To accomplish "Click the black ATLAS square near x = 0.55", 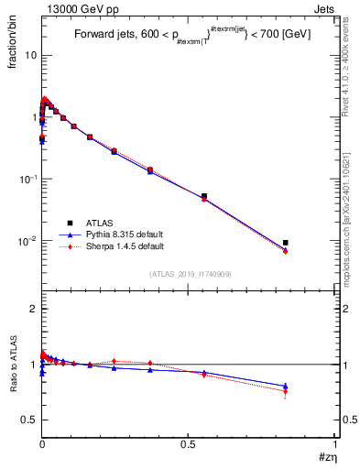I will click(203, 196).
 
